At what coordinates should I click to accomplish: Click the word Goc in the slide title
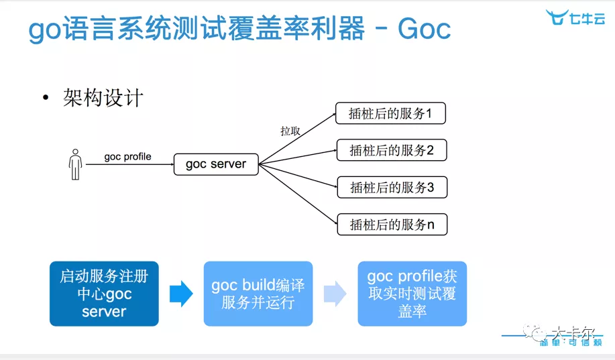click(x=424, y=29)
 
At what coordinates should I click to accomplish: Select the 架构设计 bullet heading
click(x=103, y=98)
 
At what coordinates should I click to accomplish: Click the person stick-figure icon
click(x=75, y=164)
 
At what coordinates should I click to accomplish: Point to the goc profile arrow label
click(x=127, y=157)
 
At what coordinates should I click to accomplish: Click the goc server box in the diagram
click(x=216, y=164)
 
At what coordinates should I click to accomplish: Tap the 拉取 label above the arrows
click(x=290, y=131)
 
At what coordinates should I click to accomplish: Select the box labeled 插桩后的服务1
click(x=391, y=113)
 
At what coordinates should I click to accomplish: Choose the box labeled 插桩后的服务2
click(x=391, y=150)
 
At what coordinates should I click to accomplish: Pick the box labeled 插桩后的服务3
click(x=391, y=187)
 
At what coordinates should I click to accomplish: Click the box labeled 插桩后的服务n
click(x=391, y=224)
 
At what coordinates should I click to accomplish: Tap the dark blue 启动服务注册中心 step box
click(x=104, y=294)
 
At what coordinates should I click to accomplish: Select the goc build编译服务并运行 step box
click(x=258, y=294)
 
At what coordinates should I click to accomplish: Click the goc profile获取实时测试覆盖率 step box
click(x=412, y=294)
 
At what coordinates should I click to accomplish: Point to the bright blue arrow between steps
click(x=181, y=294)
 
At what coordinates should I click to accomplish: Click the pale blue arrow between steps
click(x=335, y=294)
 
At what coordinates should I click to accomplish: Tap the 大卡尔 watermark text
click(x=568, y=331)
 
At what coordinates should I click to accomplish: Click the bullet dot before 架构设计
click(x=46, y=99)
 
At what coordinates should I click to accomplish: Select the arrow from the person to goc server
click(x=127, y=164)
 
